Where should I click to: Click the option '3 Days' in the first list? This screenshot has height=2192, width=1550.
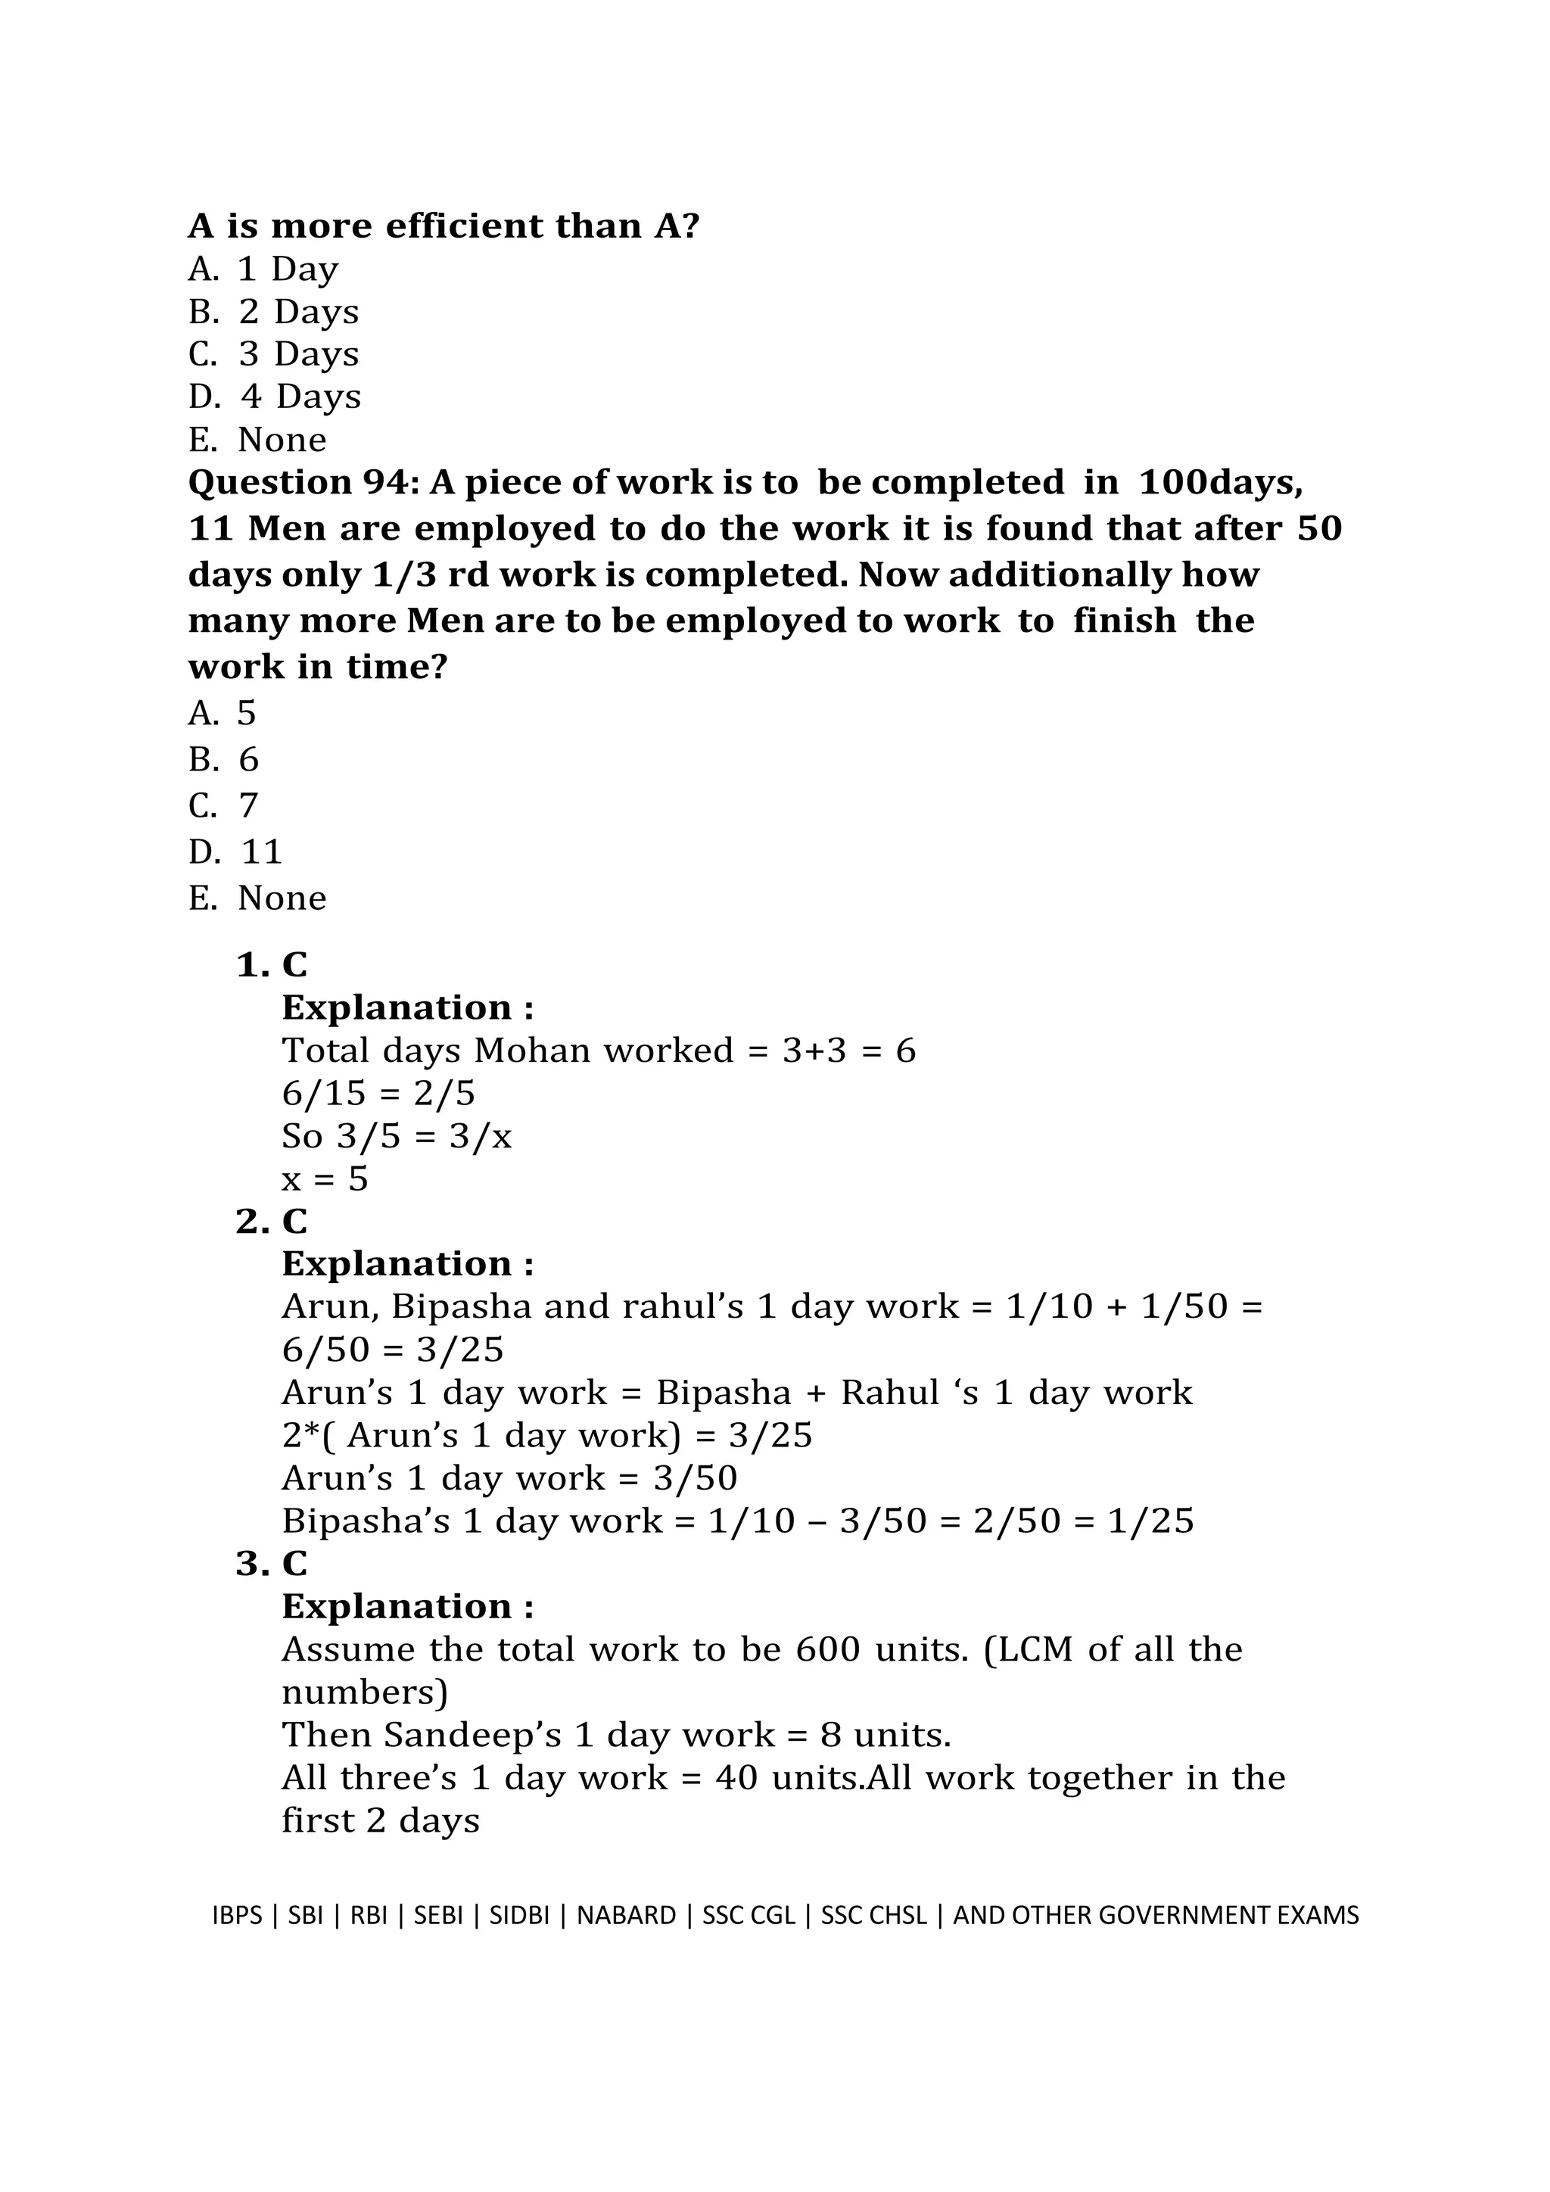click(x=297, y=354)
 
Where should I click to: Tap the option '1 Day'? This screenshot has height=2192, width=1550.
click(x=288, y=269)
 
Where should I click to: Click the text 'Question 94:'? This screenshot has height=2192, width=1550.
click(x=303, y=482)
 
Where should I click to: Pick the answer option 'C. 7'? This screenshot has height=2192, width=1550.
click(x=223, y=806)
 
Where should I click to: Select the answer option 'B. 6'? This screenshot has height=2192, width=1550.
click(x=223, y=760)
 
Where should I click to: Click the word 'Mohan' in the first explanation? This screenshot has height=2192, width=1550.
click(x=533, y=1051)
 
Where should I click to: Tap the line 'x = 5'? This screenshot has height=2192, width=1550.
click(x=325, y=1179)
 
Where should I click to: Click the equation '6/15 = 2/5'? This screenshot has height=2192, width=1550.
click(x=378, y=1093)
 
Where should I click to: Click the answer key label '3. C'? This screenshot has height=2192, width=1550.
click(x=272, y=1564)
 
